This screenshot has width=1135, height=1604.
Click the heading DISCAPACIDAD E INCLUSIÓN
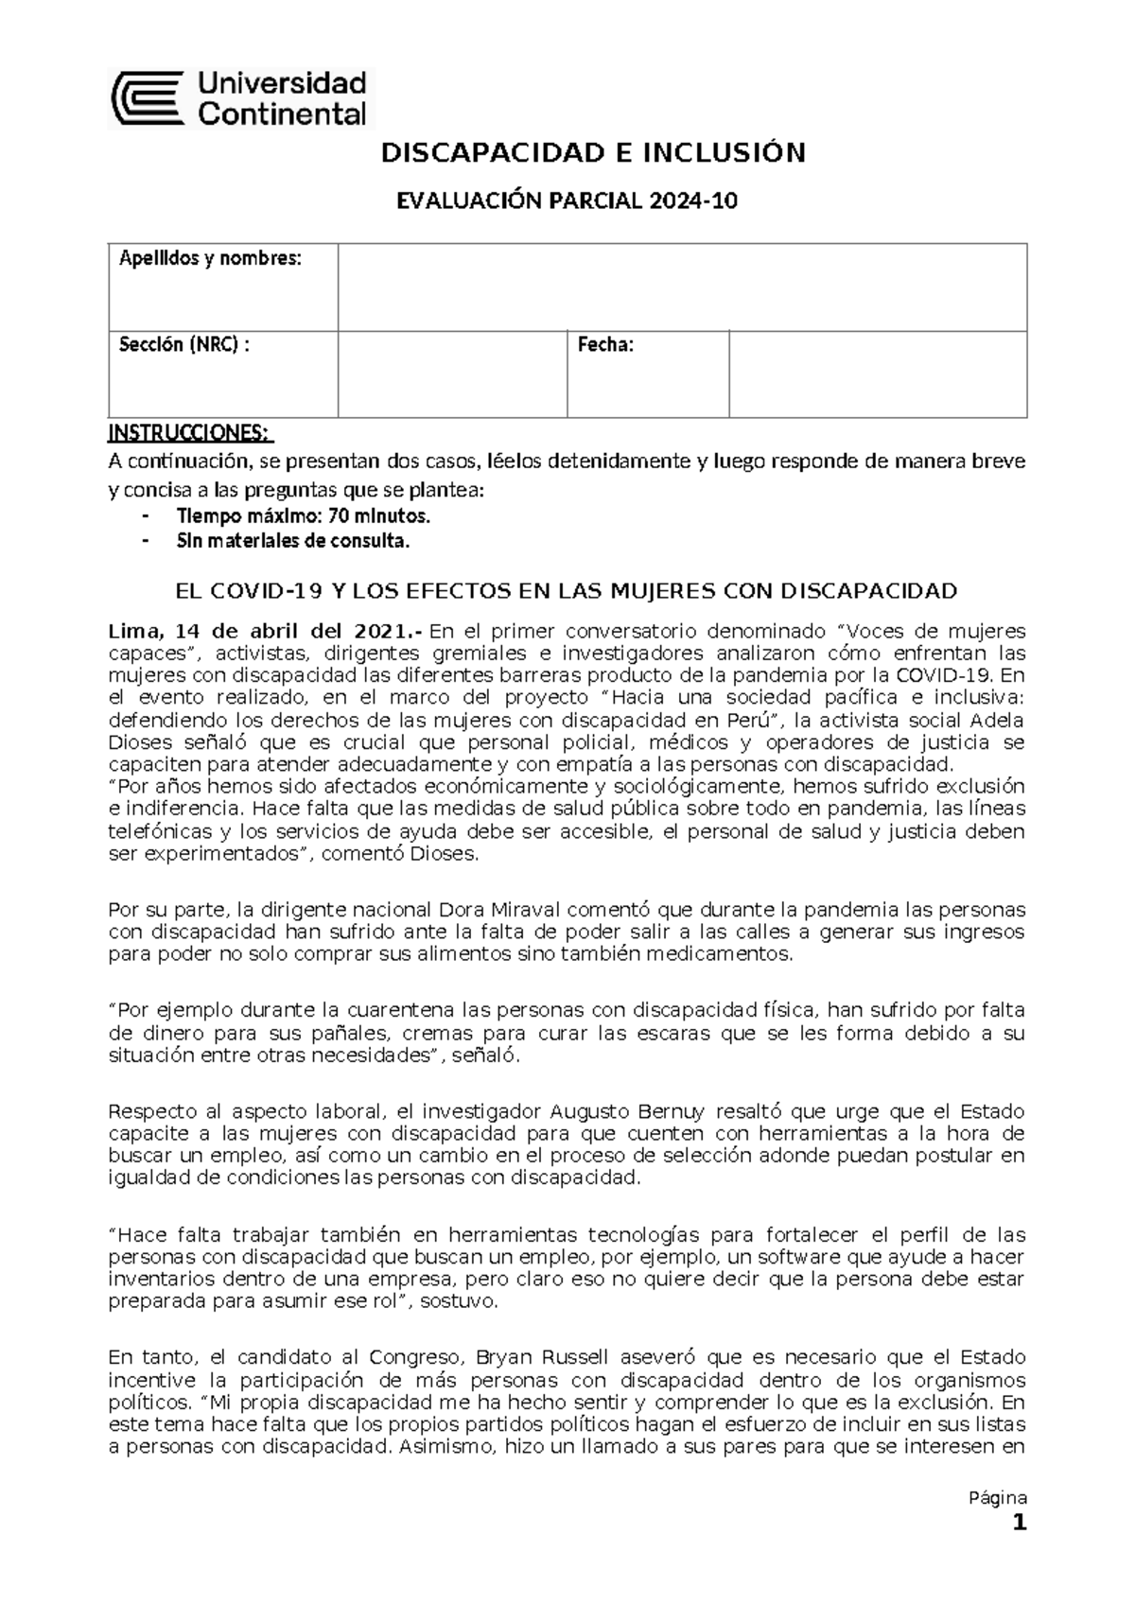[592, 153]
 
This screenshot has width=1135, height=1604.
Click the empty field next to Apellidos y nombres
[681, 287]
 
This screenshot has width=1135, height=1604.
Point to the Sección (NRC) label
[184, 345]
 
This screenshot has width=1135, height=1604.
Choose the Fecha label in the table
[605, 345]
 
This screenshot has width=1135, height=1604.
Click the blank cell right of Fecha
[877, 374]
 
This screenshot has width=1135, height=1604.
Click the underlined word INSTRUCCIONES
[189, 433]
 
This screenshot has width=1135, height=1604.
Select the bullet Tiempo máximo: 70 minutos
[303, 516]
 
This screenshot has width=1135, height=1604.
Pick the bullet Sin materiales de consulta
[293, 542]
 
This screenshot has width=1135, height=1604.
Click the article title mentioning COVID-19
[567, 592]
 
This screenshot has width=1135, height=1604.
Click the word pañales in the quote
[374, 1034]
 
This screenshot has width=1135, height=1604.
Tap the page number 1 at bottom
[1019, 1524]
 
